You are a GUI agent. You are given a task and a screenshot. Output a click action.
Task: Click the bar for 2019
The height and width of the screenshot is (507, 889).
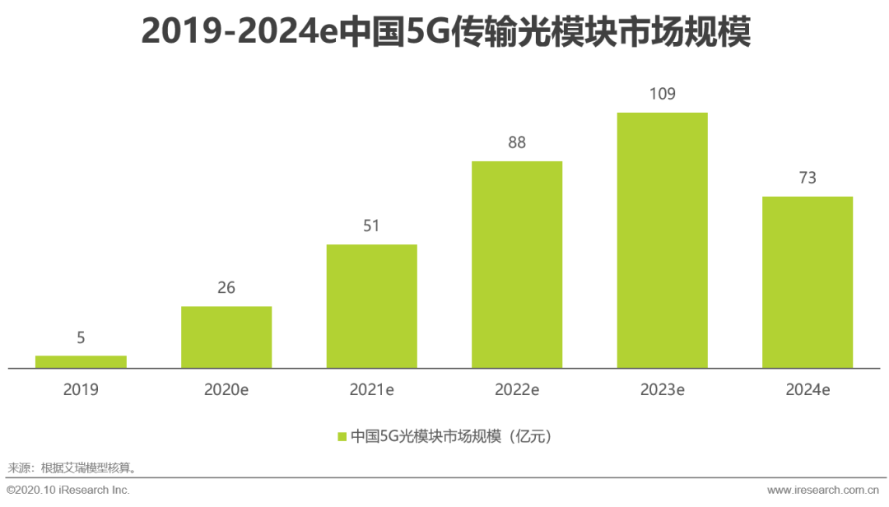[x=81, y=361]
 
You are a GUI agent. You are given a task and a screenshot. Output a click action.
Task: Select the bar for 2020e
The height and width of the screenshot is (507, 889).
[x=226, y=337]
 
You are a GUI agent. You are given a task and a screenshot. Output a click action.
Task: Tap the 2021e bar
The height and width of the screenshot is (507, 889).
[x=371, y=306]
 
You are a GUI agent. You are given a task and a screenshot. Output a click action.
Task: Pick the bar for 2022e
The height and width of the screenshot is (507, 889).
[x=517, y=264]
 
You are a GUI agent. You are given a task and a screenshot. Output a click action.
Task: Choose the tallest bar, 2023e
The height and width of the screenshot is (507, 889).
[x=662, y=240]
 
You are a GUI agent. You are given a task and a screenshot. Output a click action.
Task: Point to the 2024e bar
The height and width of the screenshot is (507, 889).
[x=807, y=282]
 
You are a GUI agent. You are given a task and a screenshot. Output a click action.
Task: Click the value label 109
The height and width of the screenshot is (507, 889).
[x=662, y=94]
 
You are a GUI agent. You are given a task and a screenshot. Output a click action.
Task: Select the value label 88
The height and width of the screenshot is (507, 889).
[x=517, y=142]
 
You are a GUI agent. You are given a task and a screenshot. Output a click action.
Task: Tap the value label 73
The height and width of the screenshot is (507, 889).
[x=807, y=178]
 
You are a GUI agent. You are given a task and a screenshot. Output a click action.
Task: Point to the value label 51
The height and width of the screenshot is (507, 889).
[x=371, y=226]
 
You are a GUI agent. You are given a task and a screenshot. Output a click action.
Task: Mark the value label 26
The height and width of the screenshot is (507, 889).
[x=226, y=287]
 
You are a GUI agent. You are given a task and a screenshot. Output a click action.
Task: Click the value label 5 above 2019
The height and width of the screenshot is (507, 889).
[x=81, y=337]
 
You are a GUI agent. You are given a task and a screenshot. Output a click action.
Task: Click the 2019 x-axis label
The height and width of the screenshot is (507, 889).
[x=81, y=389]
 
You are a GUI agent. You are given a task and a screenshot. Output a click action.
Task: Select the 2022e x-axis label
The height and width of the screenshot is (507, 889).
[x=517, y=389]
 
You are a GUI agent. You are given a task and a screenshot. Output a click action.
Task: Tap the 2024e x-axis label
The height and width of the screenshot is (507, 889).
[x=807, y=389]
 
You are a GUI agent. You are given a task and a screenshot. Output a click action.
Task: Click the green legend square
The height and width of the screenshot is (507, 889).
[x=342, y=436]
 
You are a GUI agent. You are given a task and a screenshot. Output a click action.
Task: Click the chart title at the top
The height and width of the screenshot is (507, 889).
[x=445, y=30]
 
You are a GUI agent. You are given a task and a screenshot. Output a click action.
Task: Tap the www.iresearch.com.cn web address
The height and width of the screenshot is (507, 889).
[x=823, y=490]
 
